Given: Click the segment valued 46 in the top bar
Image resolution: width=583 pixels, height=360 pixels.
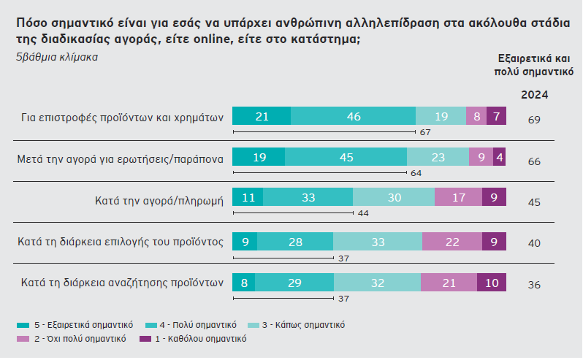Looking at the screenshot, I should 353,116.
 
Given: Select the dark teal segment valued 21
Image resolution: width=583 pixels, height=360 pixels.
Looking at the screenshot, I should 261,116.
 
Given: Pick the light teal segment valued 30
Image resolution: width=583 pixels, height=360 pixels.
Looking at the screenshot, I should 393,199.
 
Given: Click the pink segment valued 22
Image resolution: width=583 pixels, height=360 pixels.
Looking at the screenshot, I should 451,242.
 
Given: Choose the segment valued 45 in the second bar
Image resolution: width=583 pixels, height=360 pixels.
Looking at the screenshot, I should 346,157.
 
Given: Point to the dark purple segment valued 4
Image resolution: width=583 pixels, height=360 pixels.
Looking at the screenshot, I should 499,157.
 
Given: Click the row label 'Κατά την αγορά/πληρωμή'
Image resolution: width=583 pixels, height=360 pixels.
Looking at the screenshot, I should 159,199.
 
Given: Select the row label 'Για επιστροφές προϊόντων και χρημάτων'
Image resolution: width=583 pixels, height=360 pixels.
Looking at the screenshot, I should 121,116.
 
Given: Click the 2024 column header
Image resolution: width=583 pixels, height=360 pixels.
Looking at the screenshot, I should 534,95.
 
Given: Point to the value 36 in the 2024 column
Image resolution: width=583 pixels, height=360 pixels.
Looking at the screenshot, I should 534,285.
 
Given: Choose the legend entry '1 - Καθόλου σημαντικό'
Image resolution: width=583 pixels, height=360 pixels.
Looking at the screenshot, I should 199,339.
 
